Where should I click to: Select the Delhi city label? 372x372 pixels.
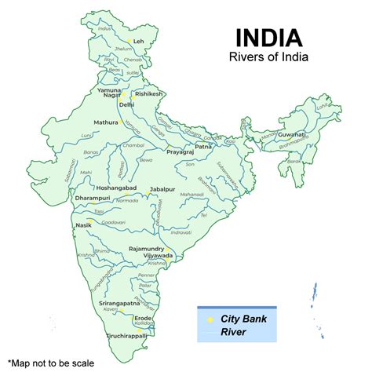click(126, 104)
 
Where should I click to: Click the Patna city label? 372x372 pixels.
click(203, 146)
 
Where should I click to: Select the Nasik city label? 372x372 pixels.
click(84, 225)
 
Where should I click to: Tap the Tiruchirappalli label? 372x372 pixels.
click(127, 334)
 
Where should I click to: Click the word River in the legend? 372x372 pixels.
click(233, 332)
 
